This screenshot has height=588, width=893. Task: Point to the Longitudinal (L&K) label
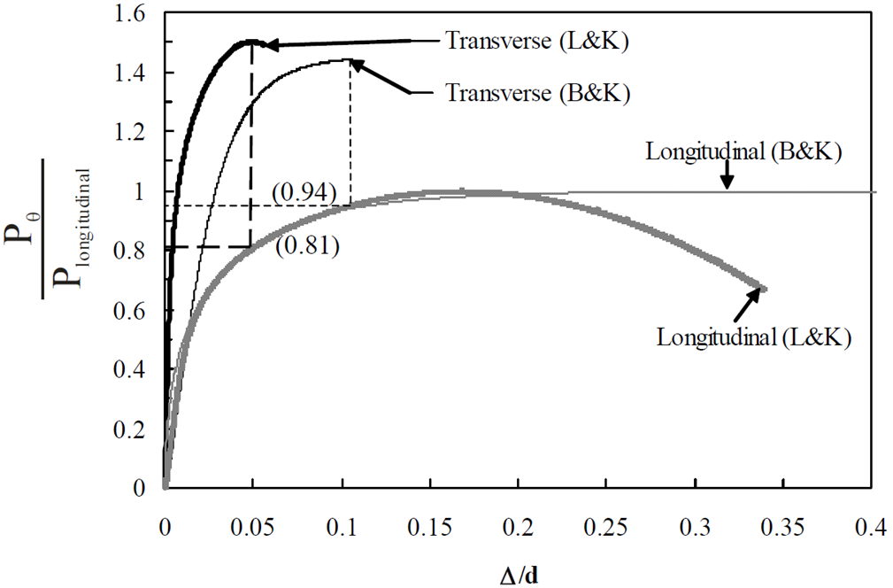752,337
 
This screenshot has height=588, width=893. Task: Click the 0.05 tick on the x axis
253,528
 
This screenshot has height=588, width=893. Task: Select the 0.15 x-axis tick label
430,528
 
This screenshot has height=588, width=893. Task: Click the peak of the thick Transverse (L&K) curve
250,41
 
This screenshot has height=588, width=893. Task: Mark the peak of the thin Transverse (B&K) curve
349,60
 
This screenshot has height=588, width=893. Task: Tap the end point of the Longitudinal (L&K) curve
763,289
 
